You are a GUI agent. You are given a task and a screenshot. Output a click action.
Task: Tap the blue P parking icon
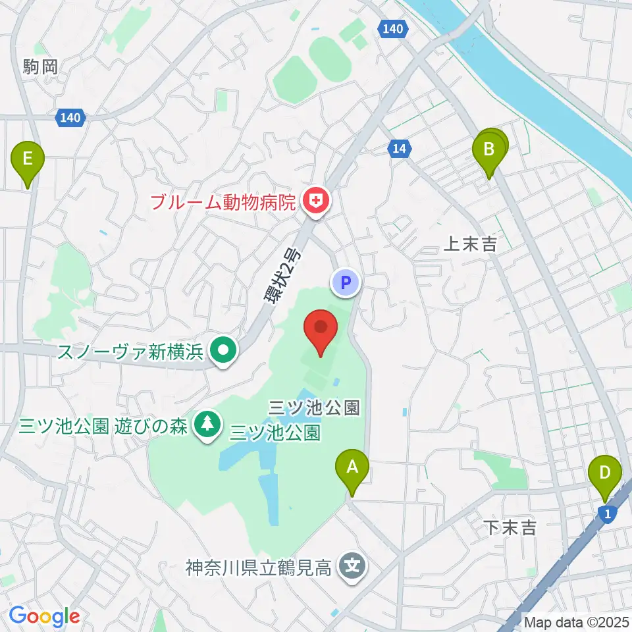[x=346, y=284]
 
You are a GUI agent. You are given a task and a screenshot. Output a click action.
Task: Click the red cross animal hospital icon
[x=316, y=201]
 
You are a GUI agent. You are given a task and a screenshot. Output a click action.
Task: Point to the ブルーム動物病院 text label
[x=223, y=201]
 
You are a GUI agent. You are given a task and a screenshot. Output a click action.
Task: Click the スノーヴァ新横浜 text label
[x=129, y=351]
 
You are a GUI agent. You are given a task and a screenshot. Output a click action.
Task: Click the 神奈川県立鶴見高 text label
[x=258, y=566]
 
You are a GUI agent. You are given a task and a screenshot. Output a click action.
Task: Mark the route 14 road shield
[x=399, y=149]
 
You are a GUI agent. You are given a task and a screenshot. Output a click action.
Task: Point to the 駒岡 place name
[x=40, y=66]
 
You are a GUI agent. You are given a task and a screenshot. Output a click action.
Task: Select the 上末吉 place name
[x=470, y=244]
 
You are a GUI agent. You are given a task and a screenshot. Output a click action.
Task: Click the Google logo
[x=44, y=617]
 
